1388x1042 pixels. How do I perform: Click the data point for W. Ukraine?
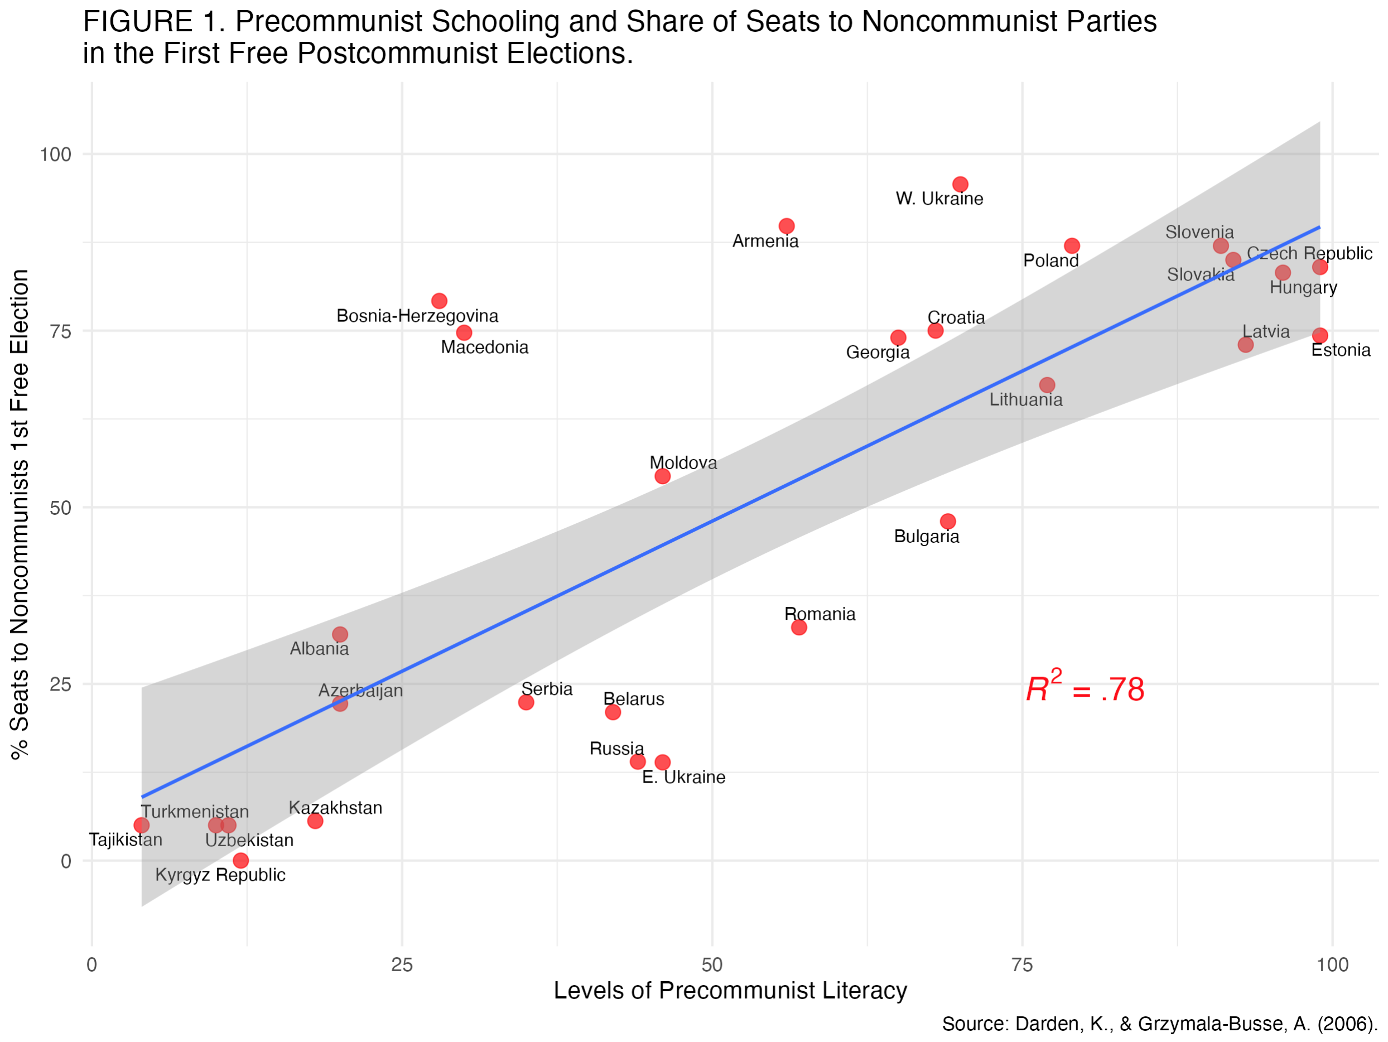coord(960,185)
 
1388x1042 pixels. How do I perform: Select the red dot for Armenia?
coord(786,226)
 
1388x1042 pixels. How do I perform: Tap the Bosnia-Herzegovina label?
coord(417,316)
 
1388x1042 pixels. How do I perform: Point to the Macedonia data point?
coord(464,332)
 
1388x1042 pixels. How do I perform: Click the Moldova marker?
coord(662,476)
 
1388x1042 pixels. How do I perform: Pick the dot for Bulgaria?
coord(947,522)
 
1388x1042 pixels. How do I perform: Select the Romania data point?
coord(799,628)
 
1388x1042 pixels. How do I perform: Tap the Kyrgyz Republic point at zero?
coord(240,860)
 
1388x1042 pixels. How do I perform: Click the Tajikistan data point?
coord(142,825)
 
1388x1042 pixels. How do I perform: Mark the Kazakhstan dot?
coord(315,821)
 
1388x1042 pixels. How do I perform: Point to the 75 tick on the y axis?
coord(60,331)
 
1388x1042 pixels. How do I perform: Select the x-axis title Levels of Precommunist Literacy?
coord(730,991)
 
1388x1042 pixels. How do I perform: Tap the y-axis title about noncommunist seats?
coord(20,514)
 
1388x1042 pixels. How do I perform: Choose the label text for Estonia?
coord(1341,350)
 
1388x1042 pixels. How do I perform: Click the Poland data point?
coord(1072,246)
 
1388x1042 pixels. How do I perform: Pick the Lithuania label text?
coord(1026,399)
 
